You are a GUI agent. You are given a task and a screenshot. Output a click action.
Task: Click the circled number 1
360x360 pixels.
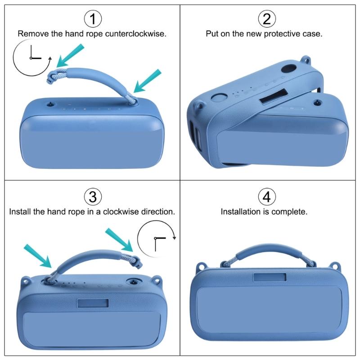(x=93, y=19)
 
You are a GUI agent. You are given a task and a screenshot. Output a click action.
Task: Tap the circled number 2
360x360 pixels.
(x=267, y=19)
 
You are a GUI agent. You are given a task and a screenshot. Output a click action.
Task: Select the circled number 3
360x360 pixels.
(x=93, y=197)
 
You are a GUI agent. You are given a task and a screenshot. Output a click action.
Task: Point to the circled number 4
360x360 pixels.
(x=267, y=197)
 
